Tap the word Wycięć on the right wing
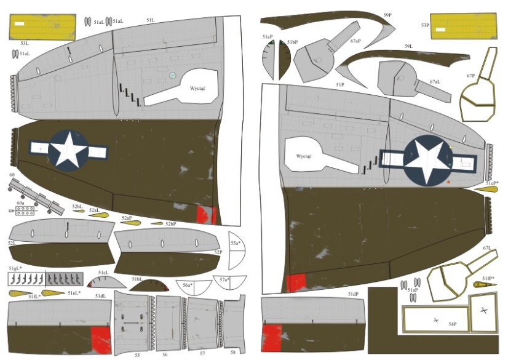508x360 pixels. click(304, 156)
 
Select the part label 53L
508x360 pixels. click(25, 44)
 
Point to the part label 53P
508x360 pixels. click(425, 25)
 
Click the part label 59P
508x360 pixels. click(388, 14)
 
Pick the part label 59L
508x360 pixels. click(408, 47)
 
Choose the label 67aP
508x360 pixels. click(355, 41)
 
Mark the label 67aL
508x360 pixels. click(435, 81)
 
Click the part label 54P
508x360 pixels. click(452, 323)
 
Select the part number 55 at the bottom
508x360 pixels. click(137, 355)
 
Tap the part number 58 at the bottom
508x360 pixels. click(232, 353)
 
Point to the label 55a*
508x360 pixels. click(235, 244)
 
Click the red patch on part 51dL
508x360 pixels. click(100, 340)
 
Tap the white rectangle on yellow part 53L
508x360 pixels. click(19, 25)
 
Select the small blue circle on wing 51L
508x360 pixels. click(173, 75)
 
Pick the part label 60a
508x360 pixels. click(20, 202)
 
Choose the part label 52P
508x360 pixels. click(218, 252)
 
